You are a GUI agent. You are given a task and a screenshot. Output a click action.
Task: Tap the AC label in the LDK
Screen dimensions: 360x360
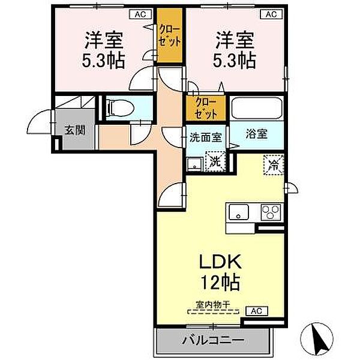point(256,311)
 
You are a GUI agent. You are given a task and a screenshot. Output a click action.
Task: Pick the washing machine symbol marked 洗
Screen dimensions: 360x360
point(214,160)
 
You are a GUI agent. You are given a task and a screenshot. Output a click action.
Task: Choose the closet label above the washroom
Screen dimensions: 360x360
point(206,109)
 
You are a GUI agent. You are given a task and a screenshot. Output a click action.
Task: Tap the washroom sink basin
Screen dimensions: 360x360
point(193,163)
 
